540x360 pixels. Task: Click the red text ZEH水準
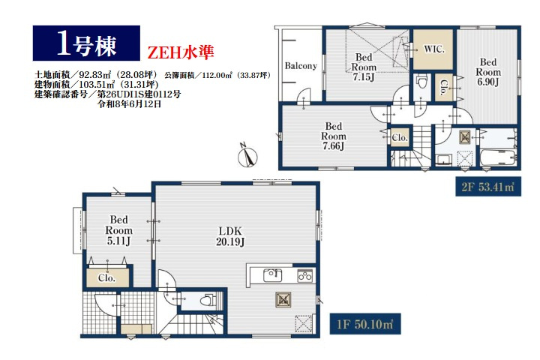[x=181, y=52]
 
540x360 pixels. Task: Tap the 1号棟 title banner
[x=86, y=43]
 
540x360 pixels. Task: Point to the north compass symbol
[x=247, y=157]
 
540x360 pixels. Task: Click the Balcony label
[x=301, y=65]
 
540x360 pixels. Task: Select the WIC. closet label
[x=434, y=49]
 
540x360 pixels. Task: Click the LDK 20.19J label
[x=230, y=236]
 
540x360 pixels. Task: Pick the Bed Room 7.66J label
[x=333, y=136]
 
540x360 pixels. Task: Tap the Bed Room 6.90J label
[x=488, y=72]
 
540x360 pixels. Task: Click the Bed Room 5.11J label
[x=118, y=230]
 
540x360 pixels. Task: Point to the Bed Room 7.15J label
[x=364, y=67]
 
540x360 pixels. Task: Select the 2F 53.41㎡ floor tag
[x=488, y=187]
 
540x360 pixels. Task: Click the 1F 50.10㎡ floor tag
[x=365, y=324]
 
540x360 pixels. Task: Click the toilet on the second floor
[x=421, y=82]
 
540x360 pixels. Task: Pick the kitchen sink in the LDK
[x=272, y=275]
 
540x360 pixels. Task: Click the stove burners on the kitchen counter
[x=304, y=275]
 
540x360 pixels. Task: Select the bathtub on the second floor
[x=498, y=157]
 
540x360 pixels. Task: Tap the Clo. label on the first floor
[x=106, y=277]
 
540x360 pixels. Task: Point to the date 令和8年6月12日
[x=130, y=104]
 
